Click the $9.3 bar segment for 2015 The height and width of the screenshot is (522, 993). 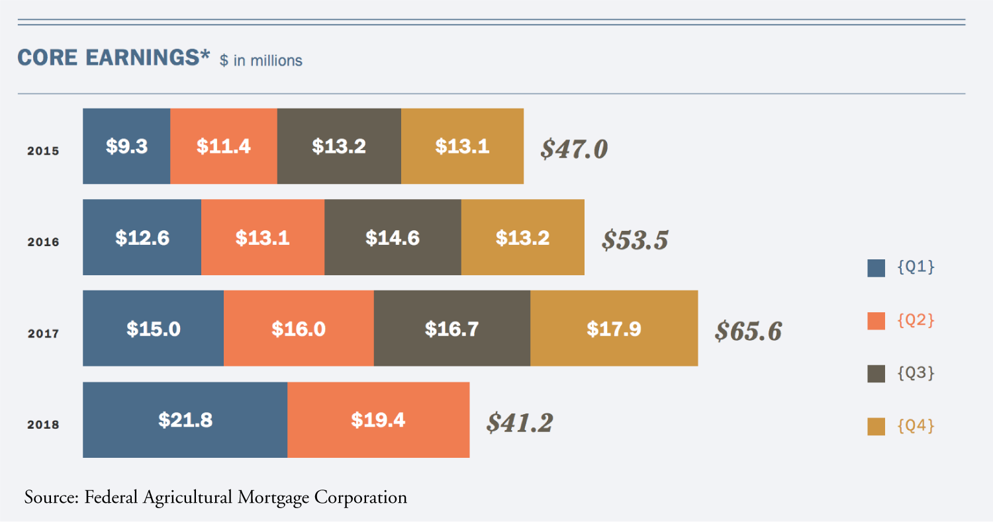(x=126, y=146)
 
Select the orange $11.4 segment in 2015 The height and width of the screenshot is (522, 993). (x=224, y=146)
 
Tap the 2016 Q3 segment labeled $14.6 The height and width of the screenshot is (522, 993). (x=393, y=238)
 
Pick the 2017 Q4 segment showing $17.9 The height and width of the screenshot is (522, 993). (x=614, y=329)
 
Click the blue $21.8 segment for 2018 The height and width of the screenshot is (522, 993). (x=185, y=419)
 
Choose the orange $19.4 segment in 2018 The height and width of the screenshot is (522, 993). (x=378, y=419)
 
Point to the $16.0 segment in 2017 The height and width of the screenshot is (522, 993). (x=299, y=329)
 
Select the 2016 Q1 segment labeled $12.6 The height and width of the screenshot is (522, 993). (x=142, y=238)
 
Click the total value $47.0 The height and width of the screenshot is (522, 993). (x=573, y=150)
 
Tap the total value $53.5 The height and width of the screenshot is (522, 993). (x=635, y=240)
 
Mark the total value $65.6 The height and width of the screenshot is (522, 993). (x=748, y=331)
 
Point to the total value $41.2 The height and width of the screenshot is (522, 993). (x=520, y=422)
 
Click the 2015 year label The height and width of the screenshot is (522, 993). (x=43, y=151)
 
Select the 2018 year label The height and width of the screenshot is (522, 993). (x=43, y=425)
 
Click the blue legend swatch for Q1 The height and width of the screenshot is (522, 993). (x=876, y=268)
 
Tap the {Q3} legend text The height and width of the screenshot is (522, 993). (x=916, y=373)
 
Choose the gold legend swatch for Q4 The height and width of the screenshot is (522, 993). (x=876, y=427)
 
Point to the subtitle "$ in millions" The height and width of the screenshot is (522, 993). (x=261, y=61)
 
